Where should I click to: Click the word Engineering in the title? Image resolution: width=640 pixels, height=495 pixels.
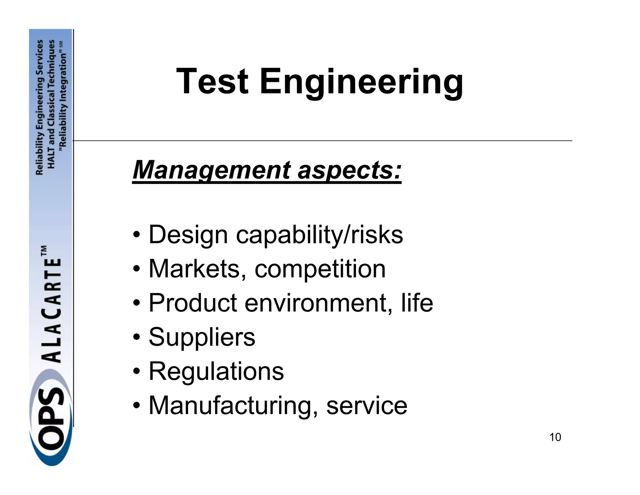tap(361, 82)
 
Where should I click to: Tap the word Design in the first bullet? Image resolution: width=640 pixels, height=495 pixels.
tap(188, 235)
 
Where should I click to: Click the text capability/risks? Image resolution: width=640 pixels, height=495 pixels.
tap(319, 235)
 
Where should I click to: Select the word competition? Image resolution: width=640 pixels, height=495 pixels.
tap(320, 269)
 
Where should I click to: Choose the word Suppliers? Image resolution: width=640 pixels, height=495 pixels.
tap(202, 337)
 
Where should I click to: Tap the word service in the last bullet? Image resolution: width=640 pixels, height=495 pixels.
tap(367, 406)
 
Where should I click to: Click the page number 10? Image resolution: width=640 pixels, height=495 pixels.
tap(555, 437)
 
